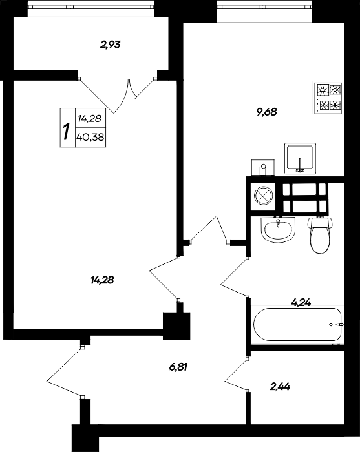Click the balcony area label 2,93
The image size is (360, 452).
(x=110, y=45)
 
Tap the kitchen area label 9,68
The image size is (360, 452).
(x=266, y=112)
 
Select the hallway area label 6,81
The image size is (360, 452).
(x=178, y=367)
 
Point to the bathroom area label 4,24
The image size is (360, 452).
(x=301, y=302)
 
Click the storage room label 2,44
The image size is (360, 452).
(x=280, y=386)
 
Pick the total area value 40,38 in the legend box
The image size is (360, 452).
(x=90, y=137)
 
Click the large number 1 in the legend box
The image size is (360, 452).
(x=67, y=131)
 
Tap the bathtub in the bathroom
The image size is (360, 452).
(x=297, y=324)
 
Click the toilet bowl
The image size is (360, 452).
(x=320, y=235)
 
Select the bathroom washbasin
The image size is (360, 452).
(x=278, y=230)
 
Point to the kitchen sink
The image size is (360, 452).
(x=300, y=158)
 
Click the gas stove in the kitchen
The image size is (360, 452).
(x=327, y=98)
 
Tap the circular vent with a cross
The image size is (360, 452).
(x=263, y=196)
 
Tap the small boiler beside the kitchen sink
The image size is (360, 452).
(x=263, y=167)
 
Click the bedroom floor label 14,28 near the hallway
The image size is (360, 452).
(x=102, y=280)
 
